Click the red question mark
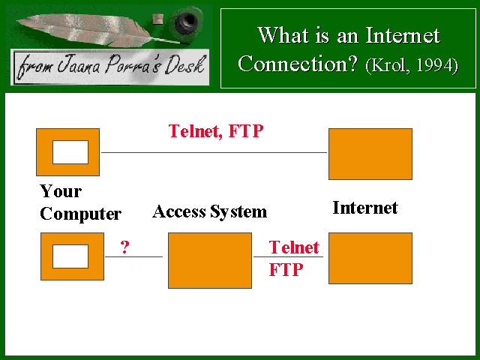click(x=125, y=247)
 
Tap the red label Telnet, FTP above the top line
click(x=216, y=131)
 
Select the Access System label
click(x=210, y=211)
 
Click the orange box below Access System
click(x=210, y=260)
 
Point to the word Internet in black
click(x=365, y=208)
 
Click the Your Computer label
click(x=80, y=202)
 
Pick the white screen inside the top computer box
click(x=70, y=152)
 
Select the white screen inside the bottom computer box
click(x=70, y=256)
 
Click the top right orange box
click(x=370, y=154)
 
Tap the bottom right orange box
click(x=370, y=258)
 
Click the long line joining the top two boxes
click(x=214, y=152)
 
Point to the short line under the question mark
click(x=133, y=256)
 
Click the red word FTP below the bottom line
click(x=286, y=270)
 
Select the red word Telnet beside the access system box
click(x=294, y=247)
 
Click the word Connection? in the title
click(x=298, y=64)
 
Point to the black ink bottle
click(x=187, y=22)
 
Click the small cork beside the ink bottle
click(x=158, y=19)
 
